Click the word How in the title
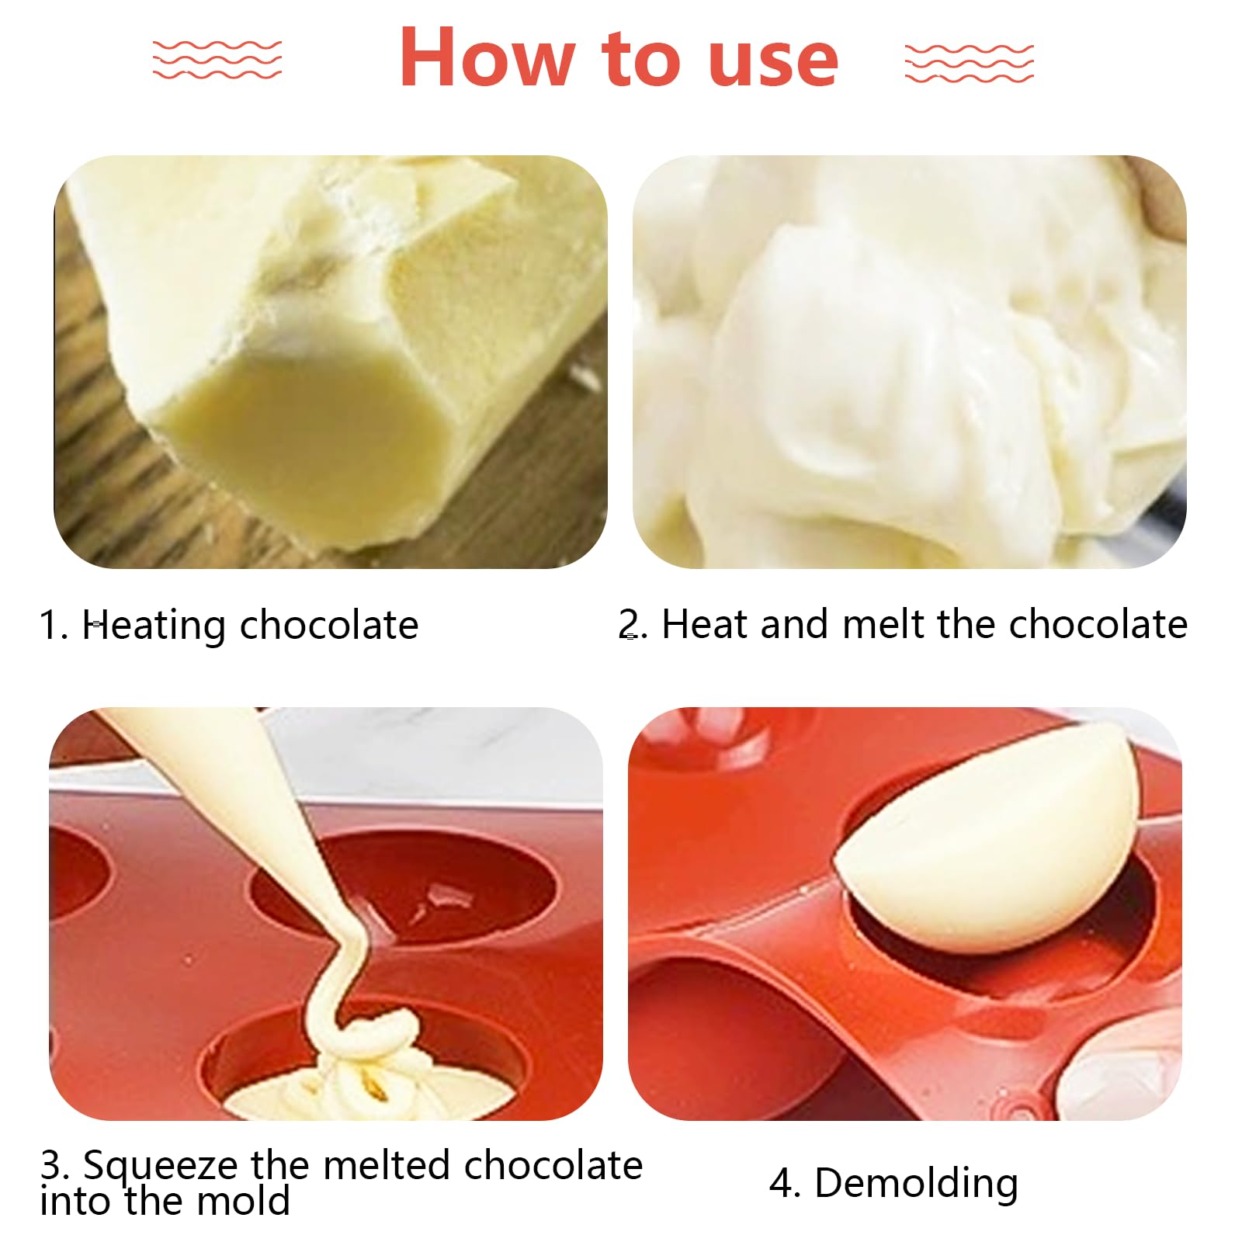(487, 58)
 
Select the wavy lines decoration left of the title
(217, 60)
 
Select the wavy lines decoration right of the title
(969, 62)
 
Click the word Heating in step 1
(153, 626)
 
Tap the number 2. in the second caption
(633, 624)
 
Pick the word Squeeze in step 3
(161, 1166)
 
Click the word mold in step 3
(243, 1202)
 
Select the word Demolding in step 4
(916, 1184)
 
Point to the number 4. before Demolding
(785, 1184)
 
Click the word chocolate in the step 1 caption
(329, 626)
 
